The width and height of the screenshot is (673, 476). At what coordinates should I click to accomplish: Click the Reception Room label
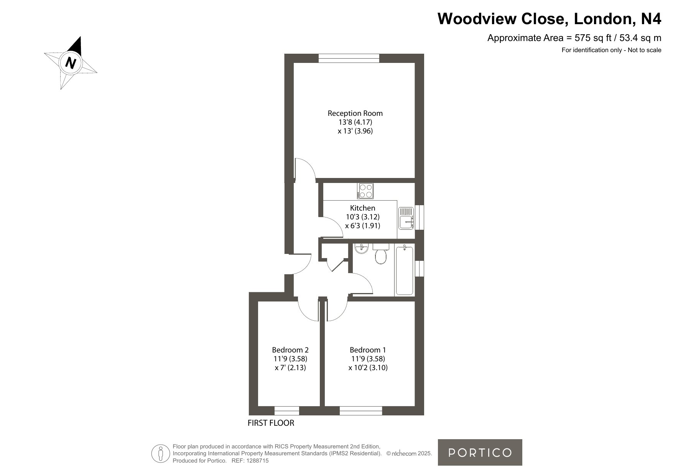point(355,113)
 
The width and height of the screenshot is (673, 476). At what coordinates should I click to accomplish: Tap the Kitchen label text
point(363,208)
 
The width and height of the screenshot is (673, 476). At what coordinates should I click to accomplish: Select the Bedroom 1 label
point(368,350)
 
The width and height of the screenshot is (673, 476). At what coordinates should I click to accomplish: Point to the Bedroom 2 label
point(290,350)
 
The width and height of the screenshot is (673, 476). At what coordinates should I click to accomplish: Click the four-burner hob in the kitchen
point(365,191)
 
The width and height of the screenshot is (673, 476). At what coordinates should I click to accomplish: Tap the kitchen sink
point(406,218)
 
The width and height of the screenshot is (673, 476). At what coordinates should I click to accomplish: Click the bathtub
point(404,271)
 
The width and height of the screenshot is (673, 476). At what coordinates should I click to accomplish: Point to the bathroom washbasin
point(361,249)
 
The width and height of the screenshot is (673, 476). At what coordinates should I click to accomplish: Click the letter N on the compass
point(71,62)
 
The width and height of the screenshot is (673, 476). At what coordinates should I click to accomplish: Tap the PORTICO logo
point(480,453)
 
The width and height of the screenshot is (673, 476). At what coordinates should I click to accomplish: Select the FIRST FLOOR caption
point(271,423)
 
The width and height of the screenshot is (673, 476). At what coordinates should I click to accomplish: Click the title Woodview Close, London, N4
point(550,19)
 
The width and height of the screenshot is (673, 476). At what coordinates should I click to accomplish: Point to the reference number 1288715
point(257,461)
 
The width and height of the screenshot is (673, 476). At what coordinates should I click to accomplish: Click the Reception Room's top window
point(349,58)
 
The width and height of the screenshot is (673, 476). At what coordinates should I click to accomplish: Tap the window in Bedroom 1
point(361,411)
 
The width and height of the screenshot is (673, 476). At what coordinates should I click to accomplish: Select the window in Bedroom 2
point(287,411)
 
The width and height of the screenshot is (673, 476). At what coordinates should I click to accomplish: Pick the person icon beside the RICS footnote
point(161,453)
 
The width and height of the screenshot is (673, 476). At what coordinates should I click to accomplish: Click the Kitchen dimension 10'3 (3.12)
point(363,217)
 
